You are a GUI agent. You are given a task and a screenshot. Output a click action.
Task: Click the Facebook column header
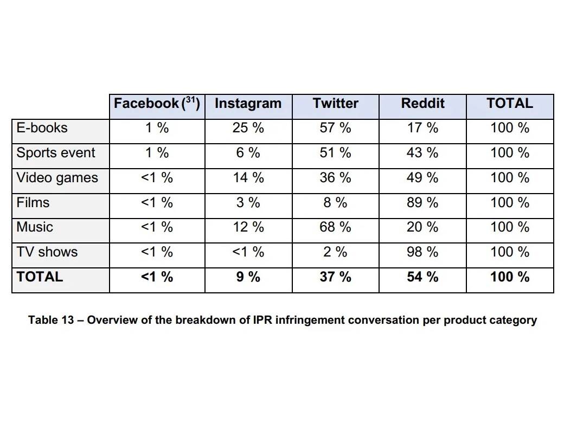(146, 104)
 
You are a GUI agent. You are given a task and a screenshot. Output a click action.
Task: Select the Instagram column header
(248, 104)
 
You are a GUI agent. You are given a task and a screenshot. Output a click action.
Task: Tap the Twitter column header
(335, 104)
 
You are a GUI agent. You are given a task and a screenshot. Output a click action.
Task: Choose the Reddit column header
(422, 104)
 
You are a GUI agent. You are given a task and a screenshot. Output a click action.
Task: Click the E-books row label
(42, 129)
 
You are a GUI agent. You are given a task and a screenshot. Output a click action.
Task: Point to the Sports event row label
(56, 153)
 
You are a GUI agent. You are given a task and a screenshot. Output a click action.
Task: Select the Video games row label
(57, 178)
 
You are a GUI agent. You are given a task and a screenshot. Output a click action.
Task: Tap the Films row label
(33, 203)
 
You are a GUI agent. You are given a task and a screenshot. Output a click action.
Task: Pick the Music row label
(35, 227)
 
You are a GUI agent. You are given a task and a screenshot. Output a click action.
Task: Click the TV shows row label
(47, 252)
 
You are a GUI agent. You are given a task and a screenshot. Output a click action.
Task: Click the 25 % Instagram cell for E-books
(248, 129)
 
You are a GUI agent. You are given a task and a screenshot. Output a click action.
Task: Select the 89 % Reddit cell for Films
(422, 203)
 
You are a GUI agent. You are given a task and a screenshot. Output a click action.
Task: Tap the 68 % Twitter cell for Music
(335, 227)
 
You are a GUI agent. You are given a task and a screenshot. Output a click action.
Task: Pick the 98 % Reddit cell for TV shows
(422, 252)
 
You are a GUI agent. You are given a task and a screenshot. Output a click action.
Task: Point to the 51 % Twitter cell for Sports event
(335, 153)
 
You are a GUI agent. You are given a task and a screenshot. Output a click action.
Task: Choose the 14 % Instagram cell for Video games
(248, 178)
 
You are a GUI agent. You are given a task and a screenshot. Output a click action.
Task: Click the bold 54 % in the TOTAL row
(422, 277)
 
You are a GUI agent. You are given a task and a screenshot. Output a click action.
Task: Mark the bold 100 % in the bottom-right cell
(510, 277)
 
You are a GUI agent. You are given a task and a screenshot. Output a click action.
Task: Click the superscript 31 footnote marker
(191, 100)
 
